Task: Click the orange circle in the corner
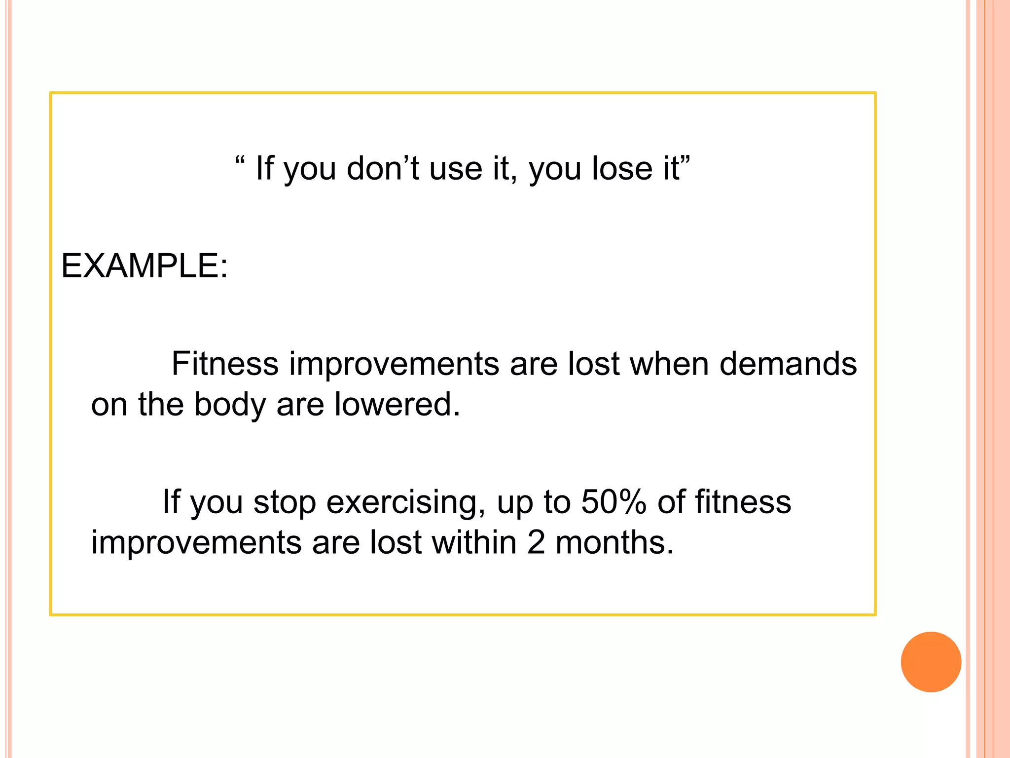coord(931,662)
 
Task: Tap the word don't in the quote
coord(383,168)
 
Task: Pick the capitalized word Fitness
coord(225,364)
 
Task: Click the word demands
coord(788,364)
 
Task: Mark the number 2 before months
coord(536,542)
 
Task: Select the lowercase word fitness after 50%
coord(743,502)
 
